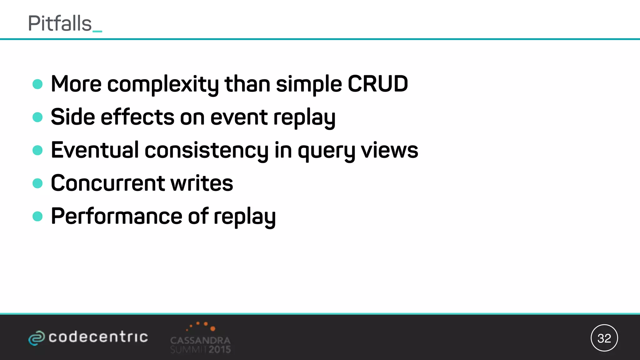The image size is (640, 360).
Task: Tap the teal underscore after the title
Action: click(x=97, y=31)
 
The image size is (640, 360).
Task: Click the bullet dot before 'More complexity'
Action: click(x=37, y=84)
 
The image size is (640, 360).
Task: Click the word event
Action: click(x=239, y=117)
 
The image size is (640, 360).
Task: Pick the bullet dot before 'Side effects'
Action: click(x=37, y=117)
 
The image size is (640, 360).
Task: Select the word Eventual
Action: click(x=95, y=150)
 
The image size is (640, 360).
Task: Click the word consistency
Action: click(x=206, y=151)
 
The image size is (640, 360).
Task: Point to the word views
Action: click(x=389, y=151)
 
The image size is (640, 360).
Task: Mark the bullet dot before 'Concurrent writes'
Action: click(x=37, y=183)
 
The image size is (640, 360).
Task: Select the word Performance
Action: click(x=117, y=216)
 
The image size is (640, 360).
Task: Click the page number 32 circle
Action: click(x=604, y=338)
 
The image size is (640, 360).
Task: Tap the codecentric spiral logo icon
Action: click(x=37, y=338)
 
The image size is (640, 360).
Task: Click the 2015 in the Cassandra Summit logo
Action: click(x=220, y=349)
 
